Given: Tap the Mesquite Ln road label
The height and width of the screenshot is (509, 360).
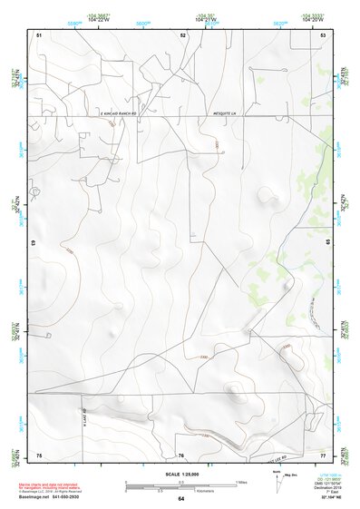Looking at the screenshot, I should pyautogui.click(x=221, y=114).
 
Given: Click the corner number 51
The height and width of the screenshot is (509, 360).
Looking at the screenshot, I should pyautogui.click(x=39, y=34).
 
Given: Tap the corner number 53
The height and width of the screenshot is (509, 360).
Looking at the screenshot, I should pyautogui.click(x=323, y=34).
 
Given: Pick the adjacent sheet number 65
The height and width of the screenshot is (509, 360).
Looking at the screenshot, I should pyautogui.click(x=326, y=243).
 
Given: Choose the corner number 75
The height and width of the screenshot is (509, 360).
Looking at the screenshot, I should pyautogui.click(x=39, y=455).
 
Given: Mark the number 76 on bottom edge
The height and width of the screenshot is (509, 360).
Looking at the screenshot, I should pyautogui.click(x=181, y=455).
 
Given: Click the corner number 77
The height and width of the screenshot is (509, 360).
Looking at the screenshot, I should pyautogui.click(x=323, y=455).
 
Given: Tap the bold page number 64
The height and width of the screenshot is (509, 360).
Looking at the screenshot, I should pyautogui.click(x=181, y=498).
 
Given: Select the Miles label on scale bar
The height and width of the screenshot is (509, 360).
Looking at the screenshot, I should pyautogui.click(x=241, y=481).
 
